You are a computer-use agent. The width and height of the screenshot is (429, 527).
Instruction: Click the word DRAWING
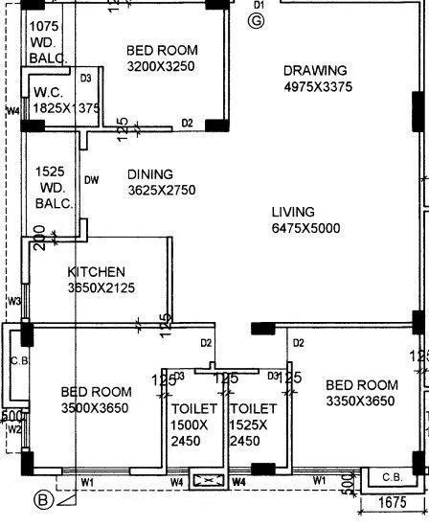pos(315,71)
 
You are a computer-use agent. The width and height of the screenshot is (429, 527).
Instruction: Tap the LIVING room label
pos(293,212)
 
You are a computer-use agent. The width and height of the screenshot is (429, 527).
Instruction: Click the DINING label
pos(150,174)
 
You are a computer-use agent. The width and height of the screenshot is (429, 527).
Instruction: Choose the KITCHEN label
pos(96,272)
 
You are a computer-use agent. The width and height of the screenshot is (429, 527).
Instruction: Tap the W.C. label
pos(48,92)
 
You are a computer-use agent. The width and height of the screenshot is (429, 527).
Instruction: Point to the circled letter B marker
pos(42,498)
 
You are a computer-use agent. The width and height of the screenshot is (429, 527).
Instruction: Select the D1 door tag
pos(257,5)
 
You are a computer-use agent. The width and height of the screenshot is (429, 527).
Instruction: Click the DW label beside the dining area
pos(92,179)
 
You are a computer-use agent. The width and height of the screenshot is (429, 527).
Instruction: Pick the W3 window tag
pos(13,302)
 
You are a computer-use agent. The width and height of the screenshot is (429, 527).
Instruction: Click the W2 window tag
pos(13,430)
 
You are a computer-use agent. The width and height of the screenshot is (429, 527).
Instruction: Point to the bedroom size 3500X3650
pos(95,408)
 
